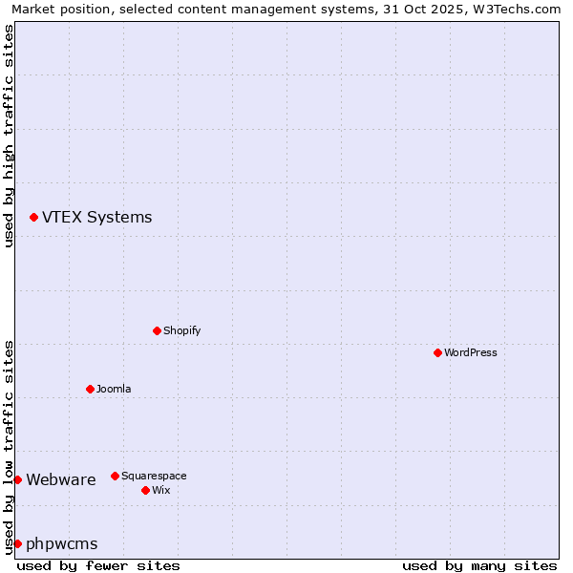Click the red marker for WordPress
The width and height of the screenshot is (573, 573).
(x=437, y=352)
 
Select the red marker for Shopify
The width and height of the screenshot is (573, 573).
(x=157, y=330)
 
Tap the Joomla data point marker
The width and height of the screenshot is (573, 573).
(x=90, y=389)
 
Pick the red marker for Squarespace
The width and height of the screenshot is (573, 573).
(x=115, y=476)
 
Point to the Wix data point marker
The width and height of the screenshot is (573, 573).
(x=145, y=490)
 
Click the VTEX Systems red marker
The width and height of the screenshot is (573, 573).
(x=33, y=218)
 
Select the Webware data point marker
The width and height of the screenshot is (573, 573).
(x=17, y=479)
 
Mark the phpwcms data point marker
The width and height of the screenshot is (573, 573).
(x=17, y=543)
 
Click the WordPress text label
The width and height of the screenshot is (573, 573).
(x=471, y=352)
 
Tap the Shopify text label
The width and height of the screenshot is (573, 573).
(x=182, y=330)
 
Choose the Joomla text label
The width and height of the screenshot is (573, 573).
(x=114, y=389)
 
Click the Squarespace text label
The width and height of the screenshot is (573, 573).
(x=154, y=476)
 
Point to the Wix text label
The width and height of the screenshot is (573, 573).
(x=160, y=490)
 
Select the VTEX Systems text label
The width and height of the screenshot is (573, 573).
(x=96, y=217)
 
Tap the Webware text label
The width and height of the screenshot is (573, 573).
(x=61, y=479)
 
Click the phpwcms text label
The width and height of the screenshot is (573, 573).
(x=62, y=543)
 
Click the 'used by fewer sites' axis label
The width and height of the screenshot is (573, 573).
(x=98, y=565)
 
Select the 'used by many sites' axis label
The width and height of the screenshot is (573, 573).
(x=479, y=565)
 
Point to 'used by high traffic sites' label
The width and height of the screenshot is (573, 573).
(x=9, y=136)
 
